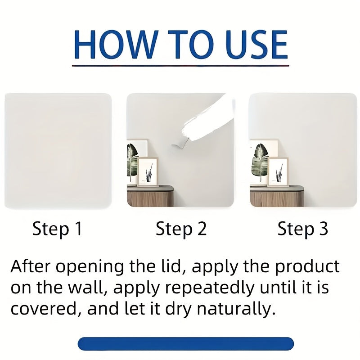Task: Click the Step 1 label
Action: click(57, 229)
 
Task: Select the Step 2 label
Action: click(181, 229)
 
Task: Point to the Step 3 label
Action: click(302, 229)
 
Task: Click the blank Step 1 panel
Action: click(58, 151)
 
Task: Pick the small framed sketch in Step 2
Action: click(148, 171)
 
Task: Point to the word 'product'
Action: click(307, 267)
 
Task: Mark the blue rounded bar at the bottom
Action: click(186, 343)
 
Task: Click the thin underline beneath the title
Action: click(180, 66)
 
